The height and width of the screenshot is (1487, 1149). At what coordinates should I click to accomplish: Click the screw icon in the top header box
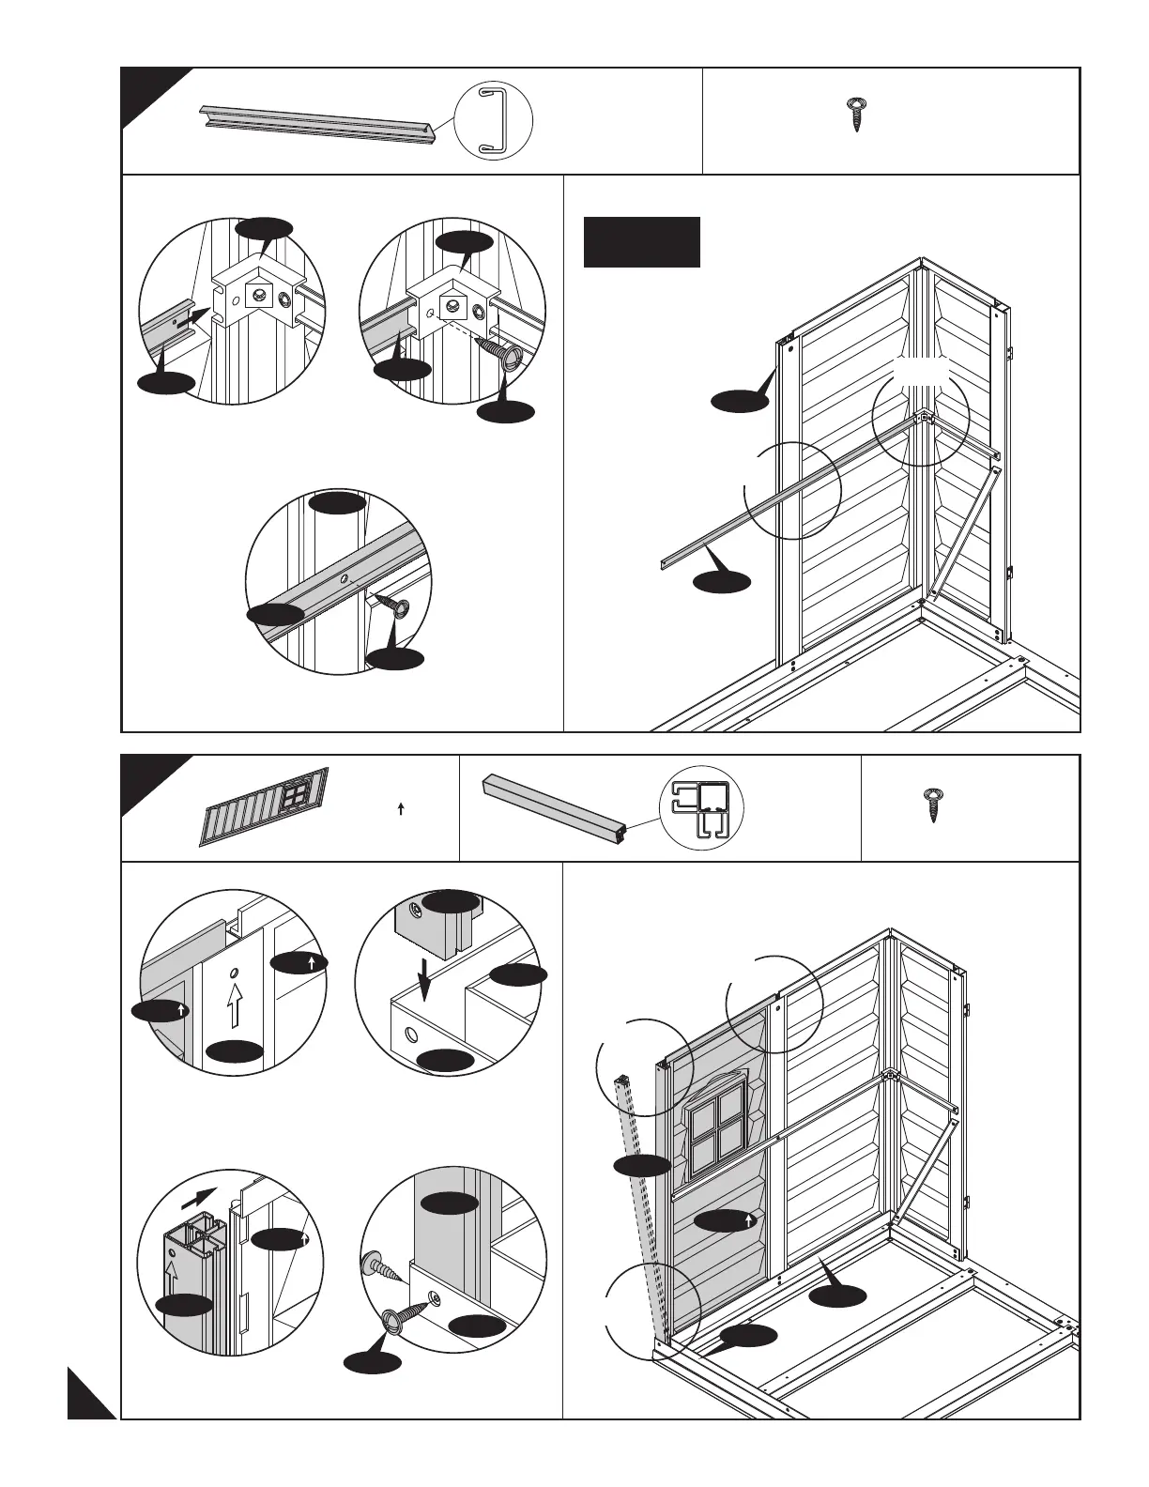point(855,114)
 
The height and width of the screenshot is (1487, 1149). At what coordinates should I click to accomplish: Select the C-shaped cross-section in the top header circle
point(493,120)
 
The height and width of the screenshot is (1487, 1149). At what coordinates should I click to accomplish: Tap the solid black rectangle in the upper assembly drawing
point(642,242)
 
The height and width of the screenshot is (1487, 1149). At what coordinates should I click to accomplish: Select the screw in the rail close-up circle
point(395,607)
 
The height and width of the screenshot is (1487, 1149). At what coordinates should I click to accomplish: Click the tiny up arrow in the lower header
point(401,808)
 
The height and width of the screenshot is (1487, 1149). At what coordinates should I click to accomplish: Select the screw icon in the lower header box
point(932,805)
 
